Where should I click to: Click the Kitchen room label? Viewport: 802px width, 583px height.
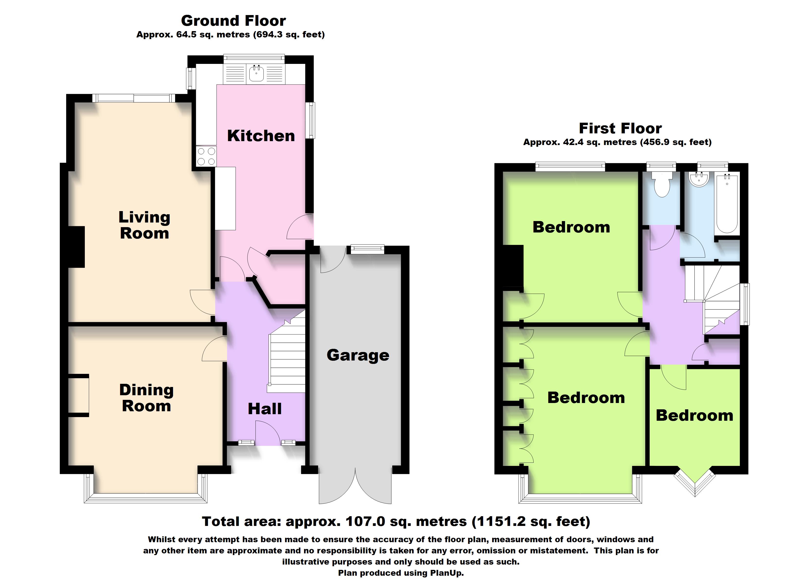pyautogui.click(x=261, y=136)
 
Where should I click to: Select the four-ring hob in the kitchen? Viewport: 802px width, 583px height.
pyautogui.click(x=206, y=156)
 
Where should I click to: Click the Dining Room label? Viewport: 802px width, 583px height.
pyautogui.click(x=146, y=398)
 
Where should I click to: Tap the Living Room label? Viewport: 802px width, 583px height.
pyautogui.click(x=144, y=225)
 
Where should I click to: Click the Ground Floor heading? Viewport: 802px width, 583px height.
pyautogui.click(x=233, y=21)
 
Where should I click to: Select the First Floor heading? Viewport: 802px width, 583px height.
pyautogui.click(x=620, y=128)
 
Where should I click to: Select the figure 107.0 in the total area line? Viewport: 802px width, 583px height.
pyautogui.click(x=365, y=522)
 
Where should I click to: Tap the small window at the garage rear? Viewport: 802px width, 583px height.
pyautogui.click(x=367, y=249)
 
